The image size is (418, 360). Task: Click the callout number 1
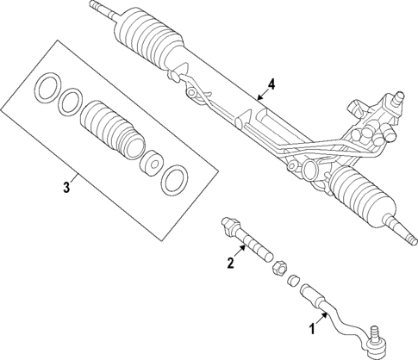(311, 327)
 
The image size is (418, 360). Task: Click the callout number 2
(230, 263)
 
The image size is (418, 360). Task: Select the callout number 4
(271, 84)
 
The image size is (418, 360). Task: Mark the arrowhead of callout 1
(326, 313)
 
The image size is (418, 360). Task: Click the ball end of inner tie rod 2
(231, 226)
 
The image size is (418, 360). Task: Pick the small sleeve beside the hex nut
(294, 280)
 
